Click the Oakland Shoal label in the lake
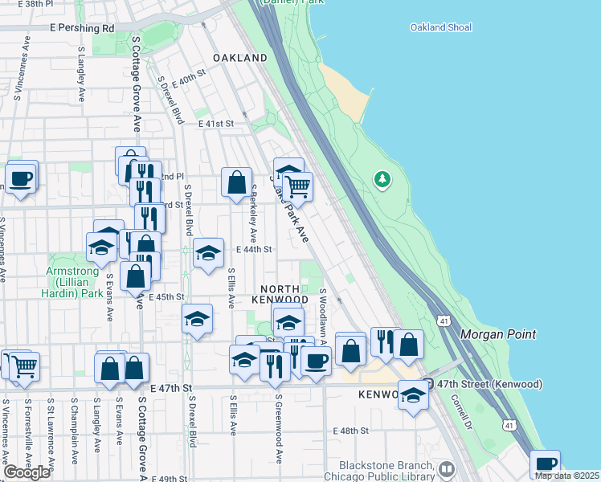pos(439,27)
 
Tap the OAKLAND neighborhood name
pos(240,59)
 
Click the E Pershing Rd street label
pos(81,28)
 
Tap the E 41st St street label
pos(215,124)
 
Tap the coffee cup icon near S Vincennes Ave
pos(22,178)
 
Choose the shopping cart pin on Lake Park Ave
pos(298,186)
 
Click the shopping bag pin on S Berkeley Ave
pos(237,182)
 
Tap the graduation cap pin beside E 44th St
pos(208,253)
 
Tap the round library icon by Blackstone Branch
pos(447,468)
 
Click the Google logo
pos(27,472)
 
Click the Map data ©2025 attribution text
pos(566,476)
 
